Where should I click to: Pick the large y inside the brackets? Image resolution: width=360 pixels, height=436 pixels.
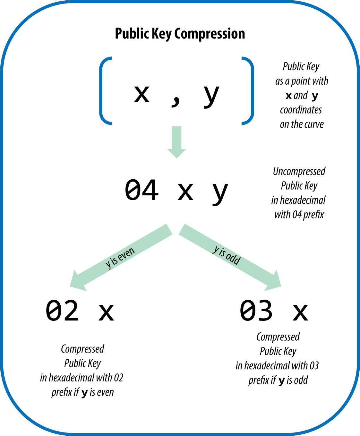211,96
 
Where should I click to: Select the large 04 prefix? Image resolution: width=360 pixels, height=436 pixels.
141,190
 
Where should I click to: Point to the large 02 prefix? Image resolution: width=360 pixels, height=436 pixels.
62,311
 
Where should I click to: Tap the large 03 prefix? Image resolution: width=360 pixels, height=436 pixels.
256,311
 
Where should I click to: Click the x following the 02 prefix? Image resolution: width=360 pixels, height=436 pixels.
106,312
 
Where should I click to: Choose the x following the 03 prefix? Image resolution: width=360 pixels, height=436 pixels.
300,312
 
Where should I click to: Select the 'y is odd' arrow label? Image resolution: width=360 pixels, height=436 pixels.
227,255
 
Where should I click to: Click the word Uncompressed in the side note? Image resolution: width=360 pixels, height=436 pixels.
299,171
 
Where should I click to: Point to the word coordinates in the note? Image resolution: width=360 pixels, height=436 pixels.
301,110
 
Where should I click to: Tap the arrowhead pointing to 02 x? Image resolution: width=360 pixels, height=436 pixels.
77,281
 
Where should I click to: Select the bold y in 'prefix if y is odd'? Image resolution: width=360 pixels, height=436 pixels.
281,381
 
